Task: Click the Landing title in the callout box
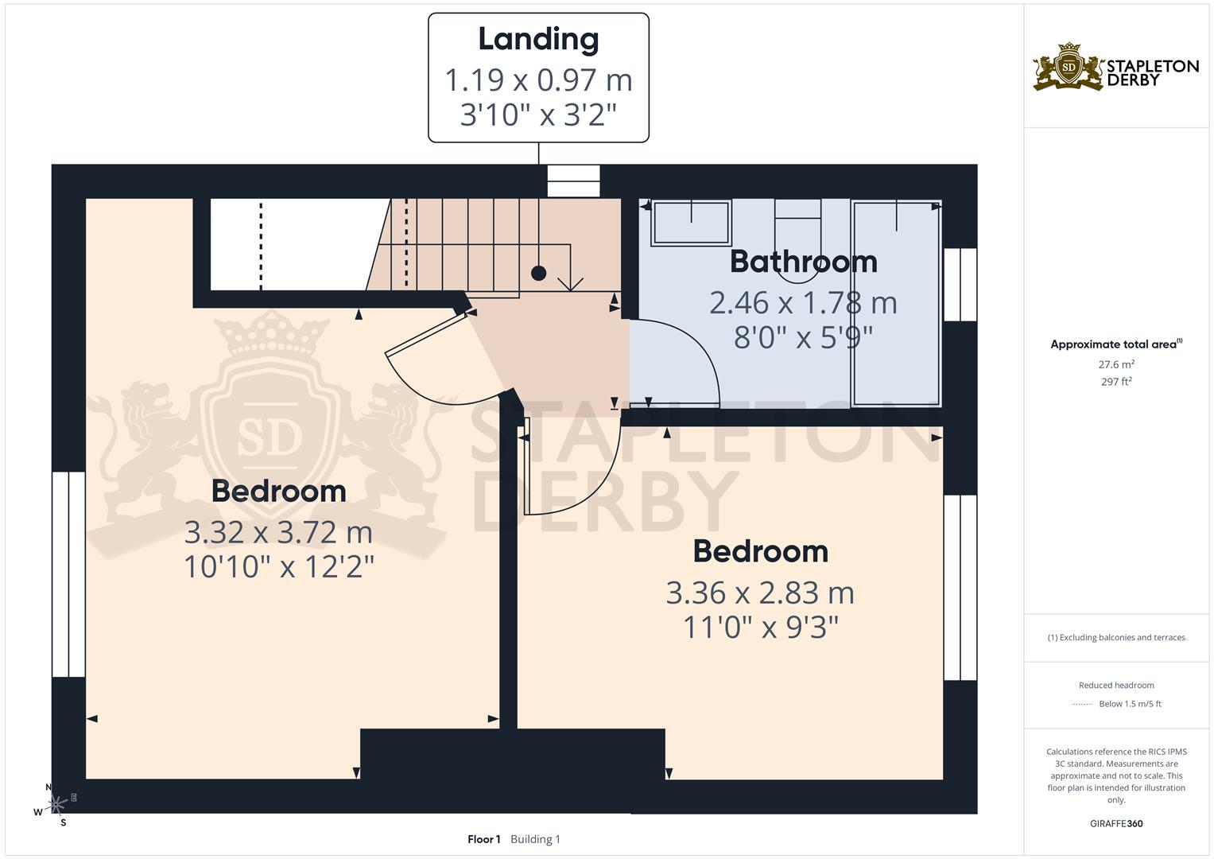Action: coord(538,40)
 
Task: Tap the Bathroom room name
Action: coord(803,262)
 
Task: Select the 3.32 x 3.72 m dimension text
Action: coord(278,531)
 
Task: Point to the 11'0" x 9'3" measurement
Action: coord(761,628)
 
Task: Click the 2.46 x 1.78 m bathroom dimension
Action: coord(803,303)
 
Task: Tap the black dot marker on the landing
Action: coord(538,273)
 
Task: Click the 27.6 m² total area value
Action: coord(1116,364)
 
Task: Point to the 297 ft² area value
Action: coord(1116,382)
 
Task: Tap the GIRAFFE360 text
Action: coord(1116,823)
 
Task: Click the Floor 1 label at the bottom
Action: coord(483,839)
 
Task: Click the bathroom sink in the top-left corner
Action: coord(690,223)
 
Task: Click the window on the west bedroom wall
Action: coord(68,573)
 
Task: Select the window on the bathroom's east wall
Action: coord(960,284)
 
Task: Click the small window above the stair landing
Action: coord(573,181)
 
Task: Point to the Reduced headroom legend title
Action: coord(1116,685)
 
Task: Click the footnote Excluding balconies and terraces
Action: coord(1116,637)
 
